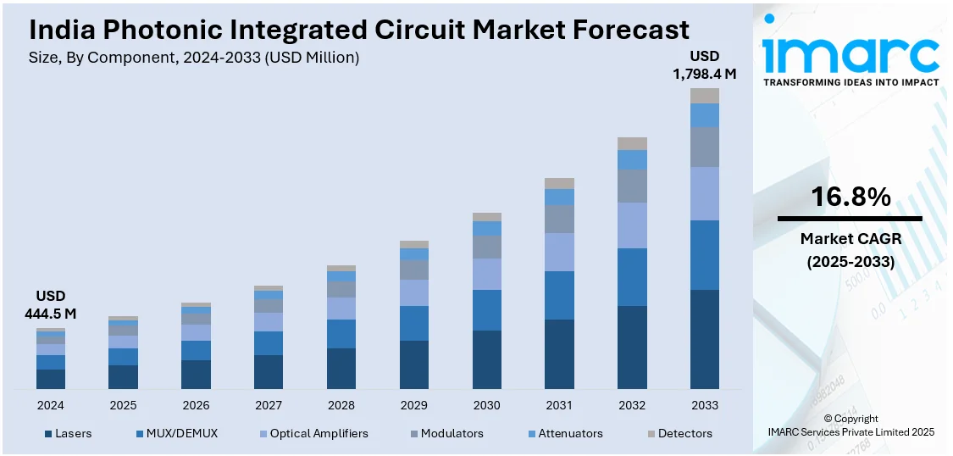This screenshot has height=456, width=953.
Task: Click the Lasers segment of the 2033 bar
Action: [x=705, y=339]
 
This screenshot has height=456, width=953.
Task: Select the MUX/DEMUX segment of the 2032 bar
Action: [x=632, y=277]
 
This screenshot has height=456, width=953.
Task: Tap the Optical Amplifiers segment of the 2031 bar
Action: [x=559, y=252]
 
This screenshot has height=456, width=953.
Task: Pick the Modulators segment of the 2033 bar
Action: [x=705, y=147]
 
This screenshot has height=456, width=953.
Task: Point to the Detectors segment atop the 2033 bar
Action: [x=705, y=96]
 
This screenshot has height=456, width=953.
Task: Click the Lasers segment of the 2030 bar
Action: [x=486, y=359]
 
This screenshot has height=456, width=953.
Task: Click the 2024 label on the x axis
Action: [x=51, y=405]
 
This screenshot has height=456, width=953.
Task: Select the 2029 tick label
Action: [x=413, y=405]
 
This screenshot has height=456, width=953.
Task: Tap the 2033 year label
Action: [x=705, y=405]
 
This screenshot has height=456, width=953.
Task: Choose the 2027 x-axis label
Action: [x=269, y=405]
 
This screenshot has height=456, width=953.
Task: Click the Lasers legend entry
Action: [x=73, y=433]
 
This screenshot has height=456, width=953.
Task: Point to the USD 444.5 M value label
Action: [x=51, y=305]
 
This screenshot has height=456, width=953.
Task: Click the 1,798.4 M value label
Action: [x=705, y=74]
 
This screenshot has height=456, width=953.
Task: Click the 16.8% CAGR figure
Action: [x=850, y=197]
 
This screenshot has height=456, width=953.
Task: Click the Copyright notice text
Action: [x=850, y=419]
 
